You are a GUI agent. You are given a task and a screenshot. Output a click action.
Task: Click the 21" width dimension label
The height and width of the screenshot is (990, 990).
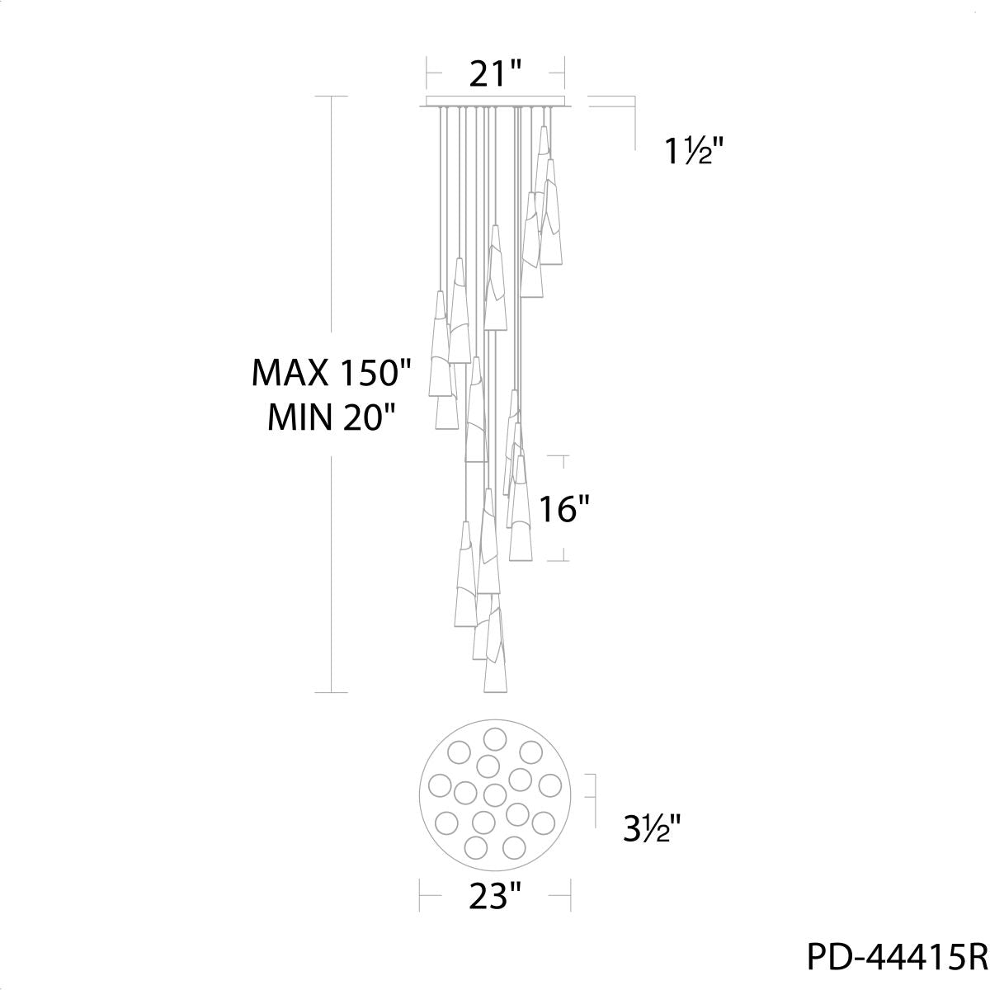click(x=495, y=73)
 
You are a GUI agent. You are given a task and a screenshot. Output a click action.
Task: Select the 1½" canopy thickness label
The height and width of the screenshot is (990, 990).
click(x=695, y=152)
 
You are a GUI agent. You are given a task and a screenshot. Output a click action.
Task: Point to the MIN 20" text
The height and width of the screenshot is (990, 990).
click(x=332, y=417)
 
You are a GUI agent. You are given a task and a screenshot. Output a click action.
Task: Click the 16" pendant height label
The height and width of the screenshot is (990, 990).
click(x=563, y=509)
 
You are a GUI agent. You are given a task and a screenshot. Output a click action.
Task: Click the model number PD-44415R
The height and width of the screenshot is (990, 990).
click(x=898, y=955)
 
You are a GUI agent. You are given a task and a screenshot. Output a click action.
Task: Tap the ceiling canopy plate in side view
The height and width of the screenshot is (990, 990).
click(x=495, y=101)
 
